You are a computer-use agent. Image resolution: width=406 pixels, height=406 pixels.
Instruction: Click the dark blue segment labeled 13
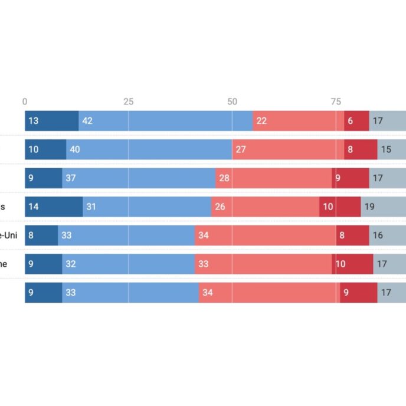pyautogui.click(x=51, y=121)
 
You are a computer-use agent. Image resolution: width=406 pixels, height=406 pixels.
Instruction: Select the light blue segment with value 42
pyautogui.click(x=165, y=121)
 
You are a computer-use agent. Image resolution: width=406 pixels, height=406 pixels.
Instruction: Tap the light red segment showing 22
pyautogui.click(x=298, y=121)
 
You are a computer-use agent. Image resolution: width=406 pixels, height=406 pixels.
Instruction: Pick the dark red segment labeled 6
pyautogui.click(x=356, y=121)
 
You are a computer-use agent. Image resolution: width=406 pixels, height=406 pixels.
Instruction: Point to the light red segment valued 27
pyautogui.click(x=287, y=149)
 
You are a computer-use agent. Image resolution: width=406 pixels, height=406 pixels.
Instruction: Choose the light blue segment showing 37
pyautogui.click(x=139, y=178)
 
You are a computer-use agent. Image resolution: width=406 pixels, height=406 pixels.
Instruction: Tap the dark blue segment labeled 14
pyautogui.click(x=54, y=207)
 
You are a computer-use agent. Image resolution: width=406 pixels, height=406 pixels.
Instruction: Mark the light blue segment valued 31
pyautogui.click(x=147, y=207)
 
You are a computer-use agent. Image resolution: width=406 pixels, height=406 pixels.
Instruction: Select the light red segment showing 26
pyautogui.click(x=265, y=207)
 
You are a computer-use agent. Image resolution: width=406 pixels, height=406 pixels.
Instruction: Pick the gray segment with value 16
pyautogui.click(x=387, y=235)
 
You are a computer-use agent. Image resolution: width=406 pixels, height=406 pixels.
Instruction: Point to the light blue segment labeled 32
pyautogui.click(x=128, y=263)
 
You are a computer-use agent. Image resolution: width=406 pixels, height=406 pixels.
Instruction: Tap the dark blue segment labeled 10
pyautogui.click(x=45, y=149)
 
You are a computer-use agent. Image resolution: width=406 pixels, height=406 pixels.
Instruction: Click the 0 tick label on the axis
pyautogui.click(x=25, y=102)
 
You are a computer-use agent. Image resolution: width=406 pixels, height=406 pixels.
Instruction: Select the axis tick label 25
pyautogui.click(x=128, y=102)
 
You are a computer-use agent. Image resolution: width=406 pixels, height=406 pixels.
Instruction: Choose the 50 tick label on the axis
pyautogui.click(x=232, y=102)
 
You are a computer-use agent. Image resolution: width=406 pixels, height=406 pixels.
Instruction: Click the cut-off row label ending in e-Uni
pyautogui.click(x=8, y=235)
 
